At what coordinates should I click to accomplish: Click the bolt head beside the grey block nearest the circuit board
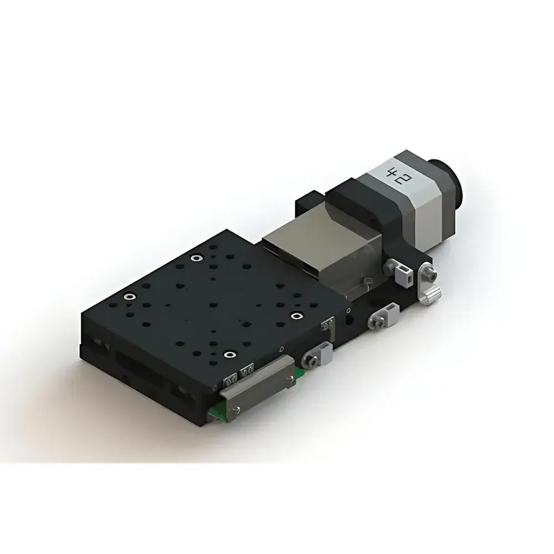coord(311,362)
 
